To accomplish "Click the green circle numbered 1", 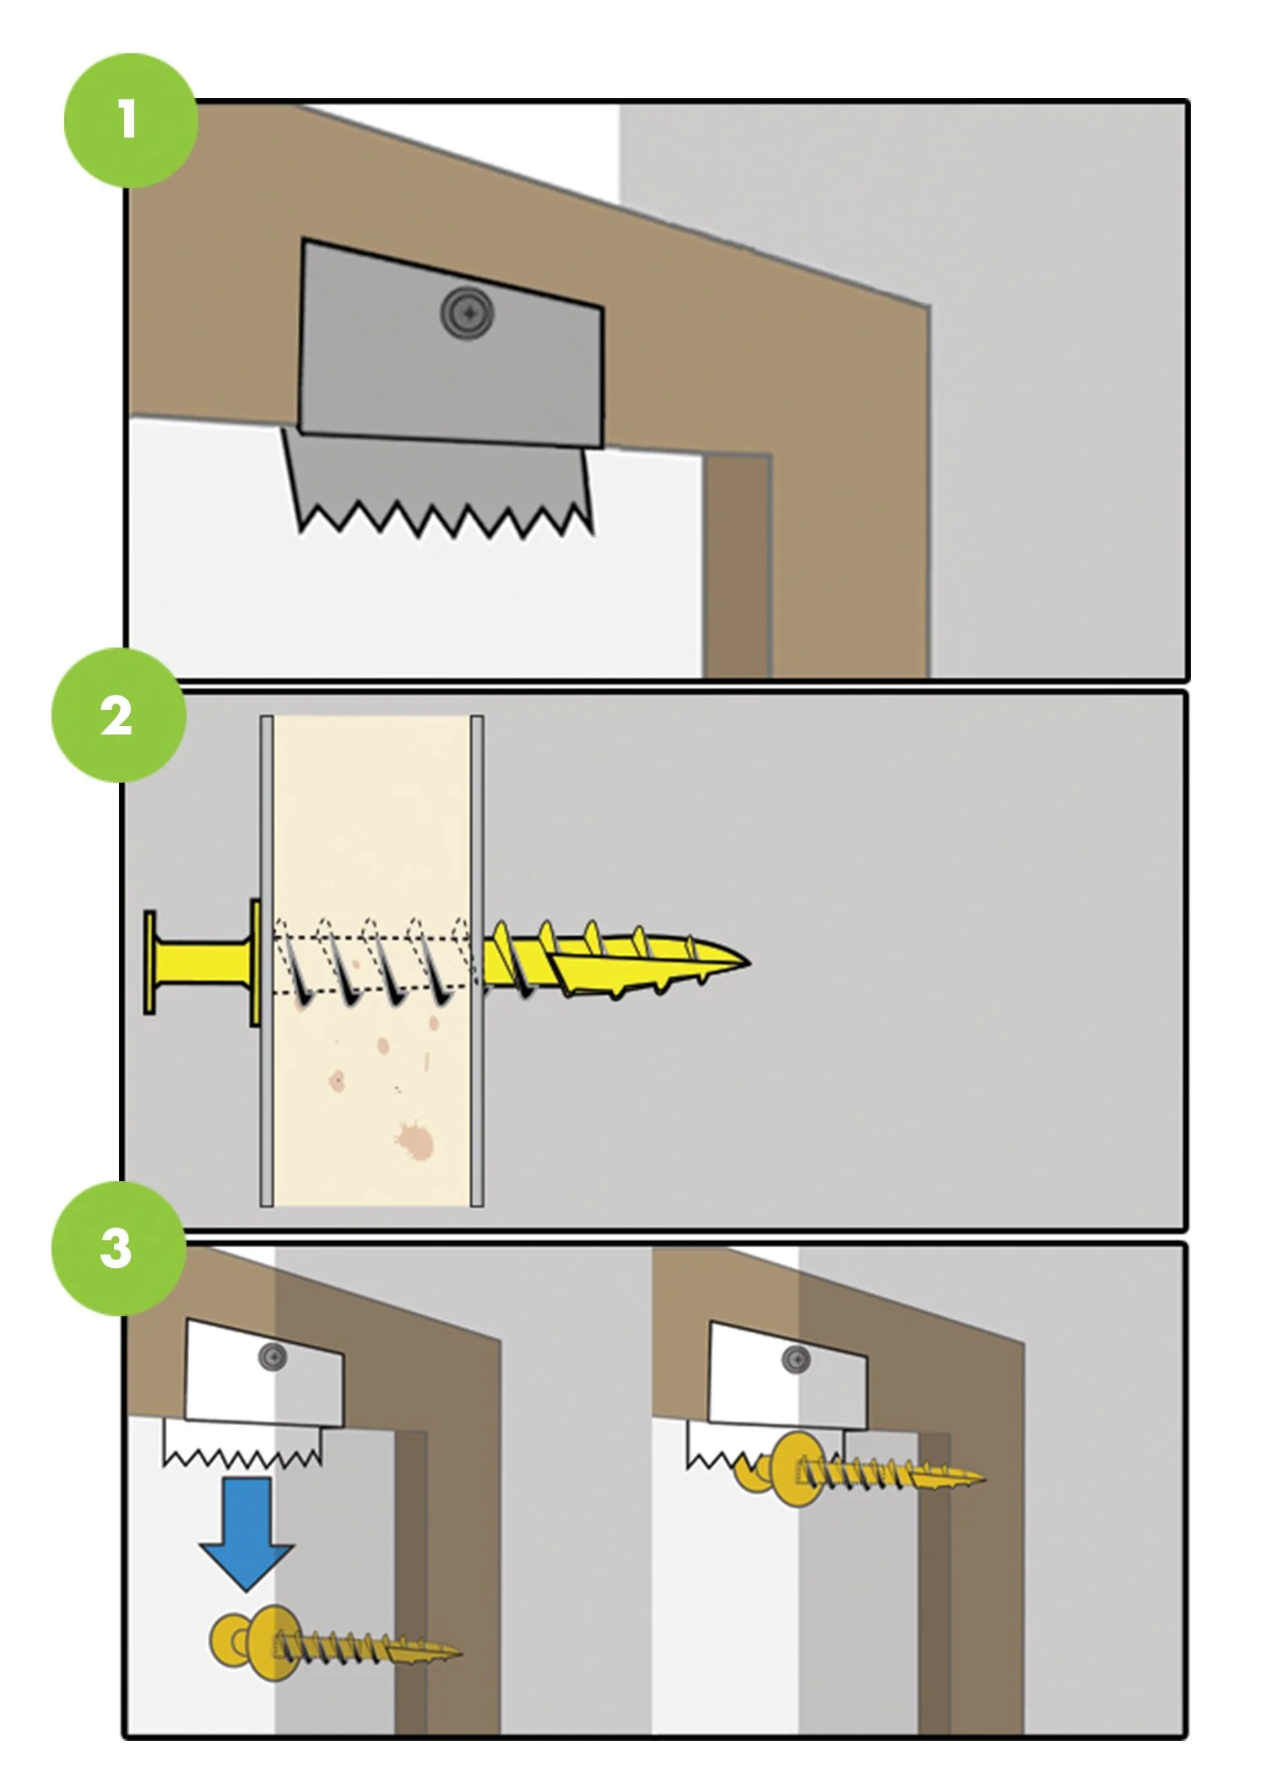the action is pyautogui.click(x=131, y=120).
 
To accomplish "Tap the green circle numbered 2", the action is pyautogui.click(x=119, y=715).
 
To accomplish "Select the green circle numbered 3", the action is pyautogui.click(x=119, y=1248).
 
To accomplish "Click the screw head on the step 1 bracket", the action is pyautogui.click(x=467, y=313).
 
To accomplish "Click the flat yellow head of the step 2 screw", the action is pyautogui.click(x=149, y=962).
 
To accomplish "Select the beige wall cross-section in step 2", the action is pyautogui.click(x=371, y=961).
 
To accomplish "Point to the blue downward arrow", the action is pyautogui.click(x=246, y=1534).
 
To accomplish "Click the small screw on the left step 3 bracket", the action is pyautogui.click(x=273, y=1358).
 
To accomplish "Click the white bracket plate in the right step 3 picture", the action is pyautogui.click(x=787, y=1375).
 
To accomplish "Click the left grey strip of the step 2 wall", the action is pyautogui.click(x=267, y=961).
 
